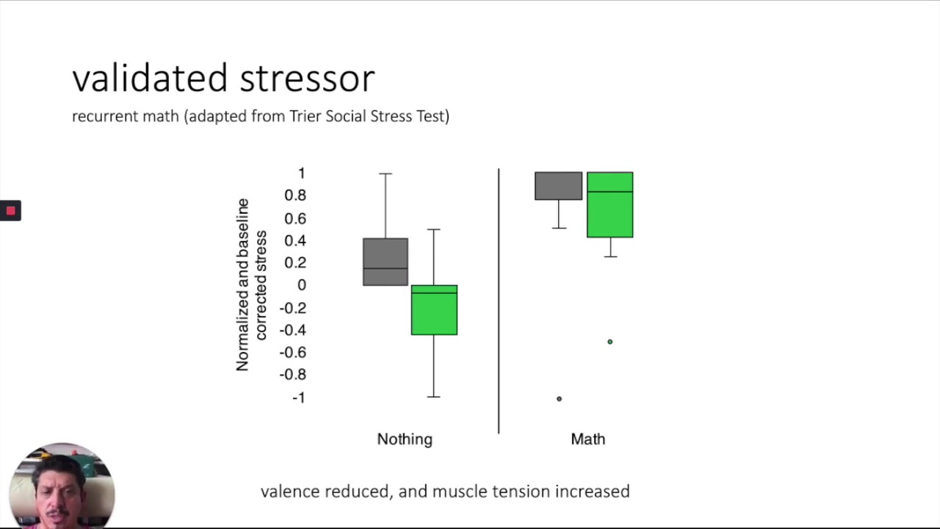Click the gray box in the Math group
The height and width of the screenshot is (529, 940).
pos(558,186)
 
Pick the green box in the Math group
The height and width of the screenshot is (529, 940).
pos(610,213)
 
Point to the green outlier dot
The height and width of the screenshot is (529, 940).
pos(610,342)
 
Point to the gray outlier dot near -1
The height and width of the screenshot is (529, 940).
pos(559,399)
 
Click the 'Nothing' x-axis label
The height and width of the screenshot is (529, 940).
pos(405,439)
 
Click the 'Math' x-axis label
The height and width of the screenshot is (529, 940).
pos(588,439)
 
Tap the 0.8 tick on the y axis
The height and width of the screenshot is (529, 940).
pos(295,195)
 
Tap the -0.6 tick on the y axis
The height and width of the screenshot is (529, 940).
pos(293,353)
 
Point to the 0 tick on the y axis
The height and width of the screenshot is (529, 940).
pos(302,285)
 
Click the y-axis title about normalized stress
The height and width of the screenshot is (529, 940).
pos(250,285)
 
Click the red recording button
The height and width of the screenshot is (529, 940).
pos(10,211)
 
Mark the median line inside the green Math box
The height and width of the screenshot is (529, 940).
pos(610,192)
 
